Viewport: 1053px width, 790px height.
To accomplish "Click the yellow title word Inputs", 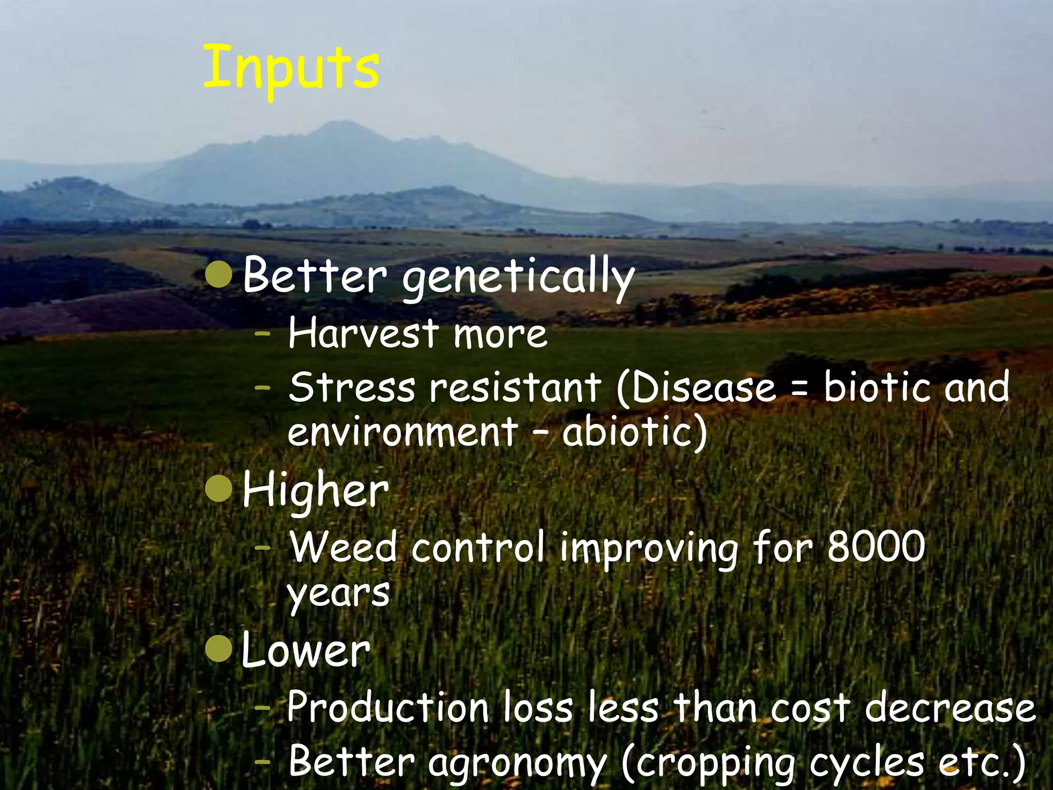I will [291, 69].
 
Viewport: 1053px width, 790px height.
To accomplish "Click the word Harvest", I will [364, 333].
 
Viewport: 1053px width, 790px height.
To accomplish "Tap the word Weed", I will [343, 547].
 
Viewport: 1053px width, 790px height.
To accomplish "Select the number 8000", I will [876, 547].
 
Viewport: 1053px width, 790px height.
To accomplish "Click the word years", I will [338, 593].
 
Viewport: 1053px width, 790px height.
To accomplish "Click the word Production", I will [388, 707].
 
